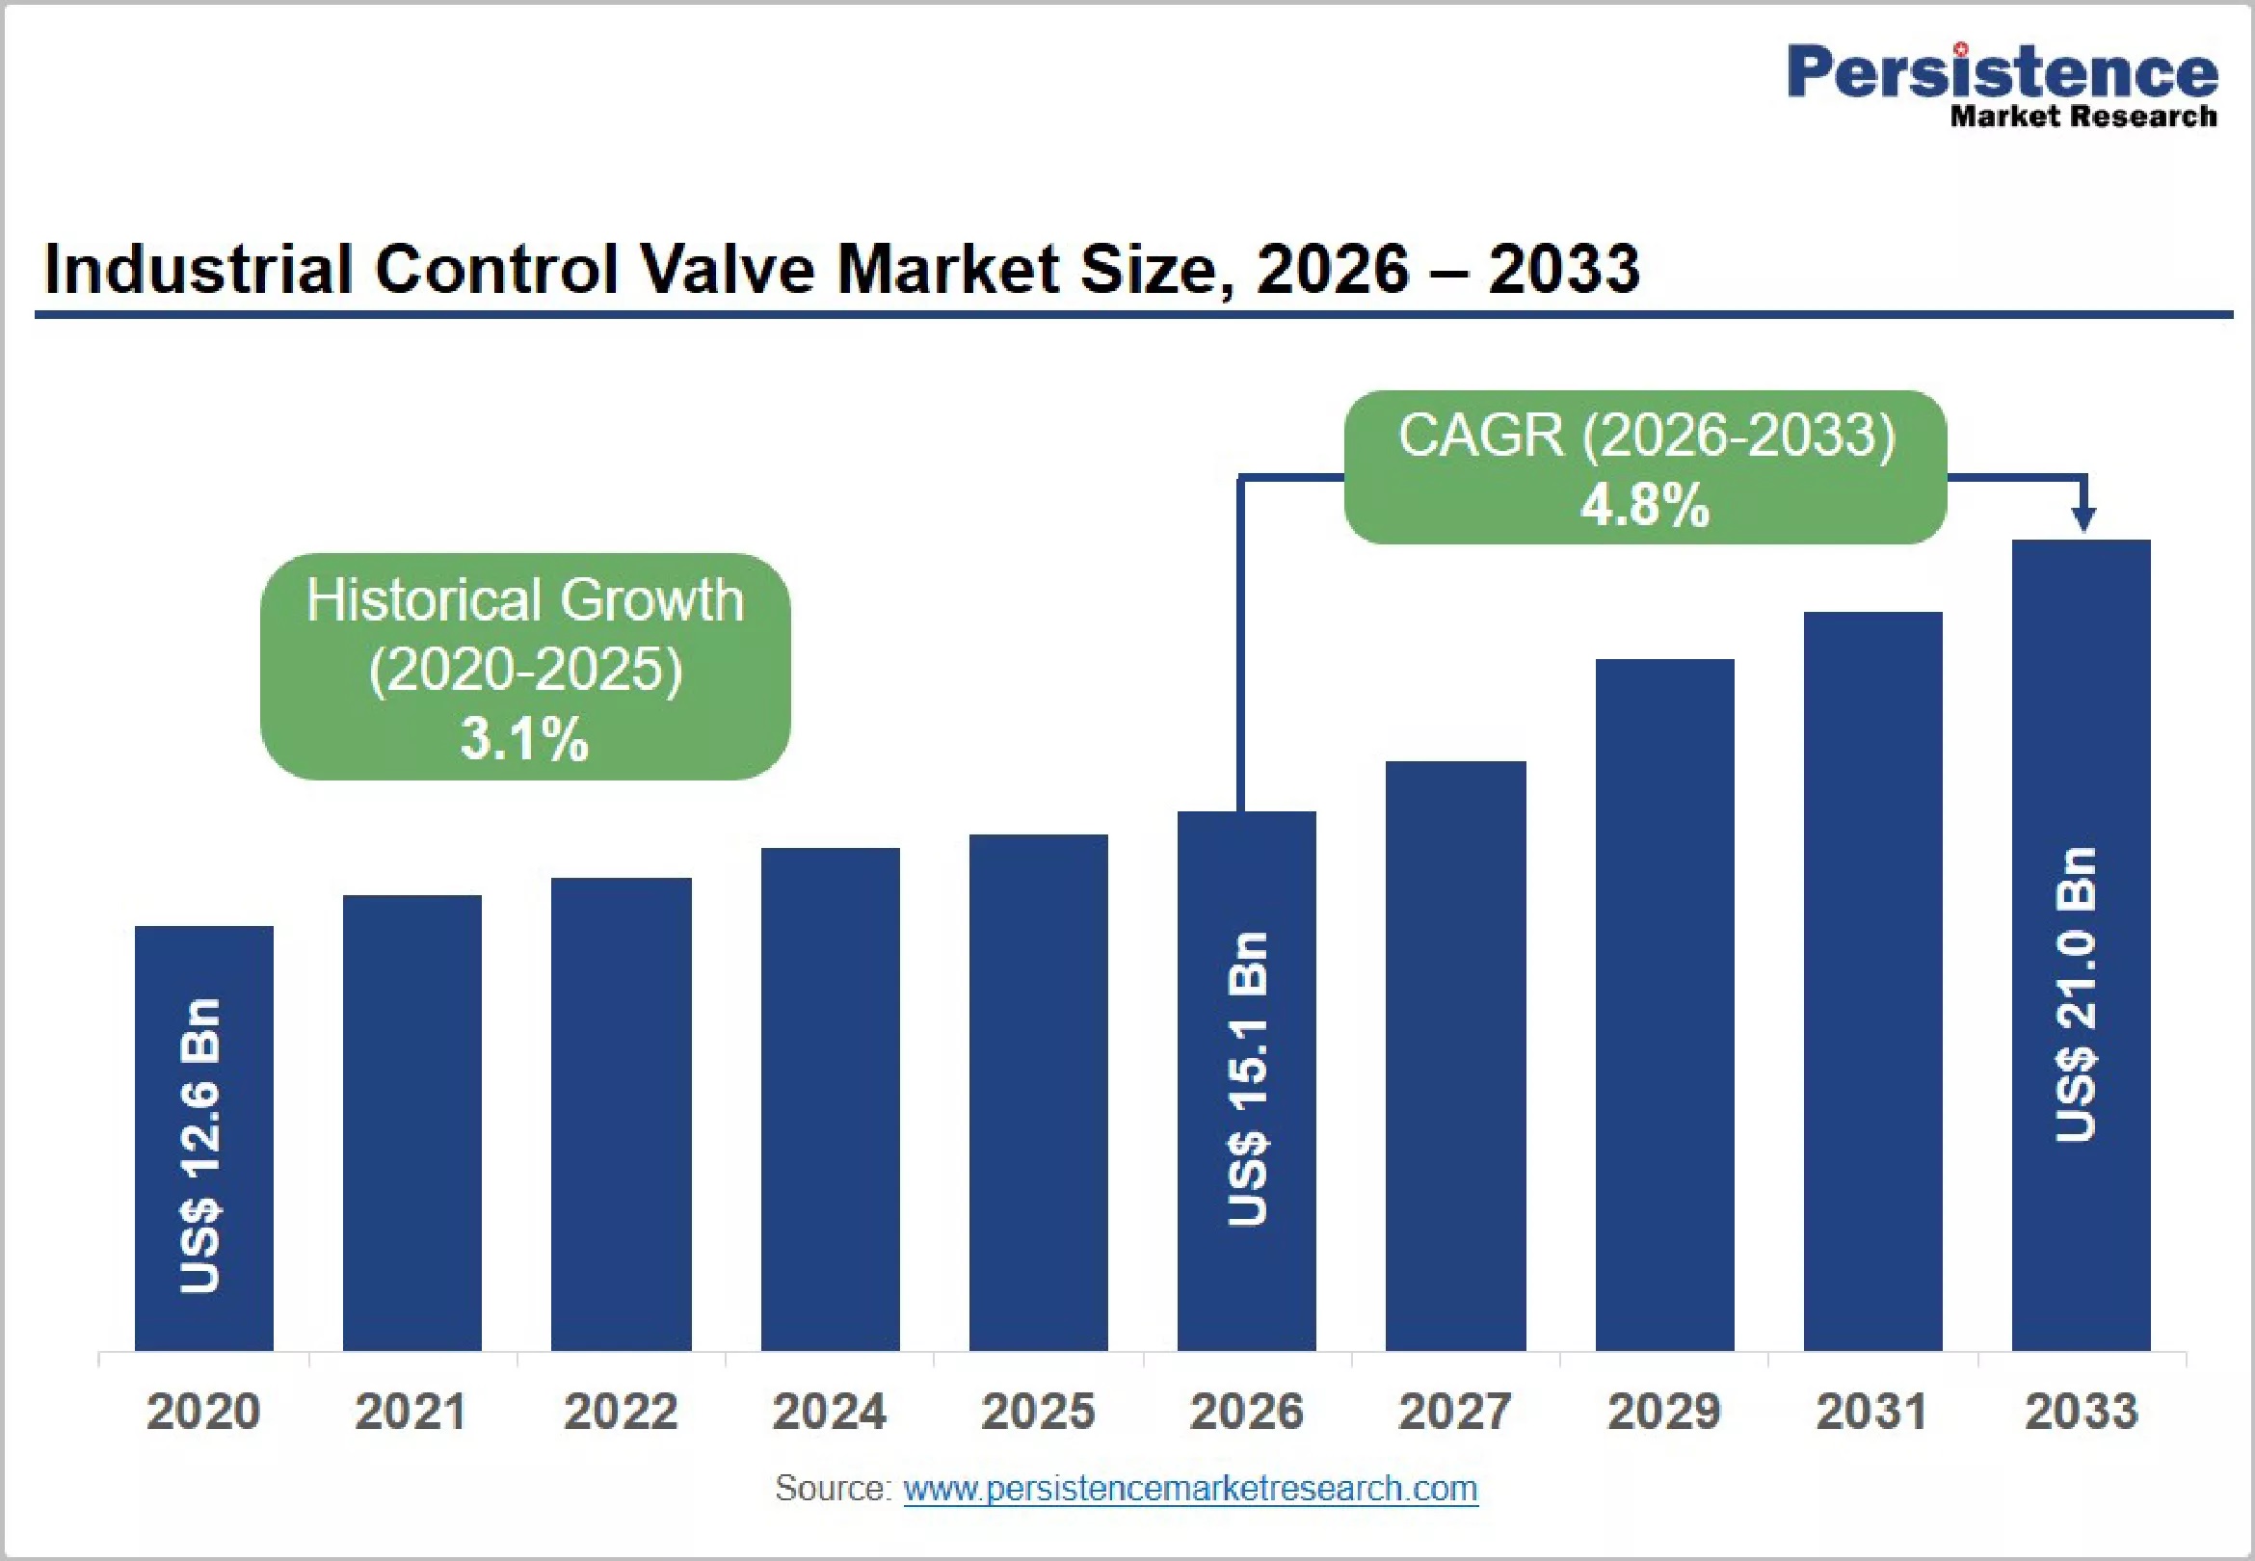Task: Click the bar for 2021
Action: pos(411,1123)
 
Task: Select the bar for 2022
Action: pos(621,1114)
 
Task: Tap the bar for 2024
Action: pos(831,1099)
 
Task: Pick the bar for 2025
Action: pos(1039,1093)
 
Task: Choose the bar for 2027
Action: pos(1455,1056)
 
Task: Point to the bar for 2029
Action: pos(1664,1005)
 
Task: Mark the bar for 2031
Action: pos(1872,981)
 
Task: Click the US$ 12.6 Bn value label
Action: pos(201,1147)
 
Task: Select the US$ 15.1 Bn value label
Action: pos(1248,1079)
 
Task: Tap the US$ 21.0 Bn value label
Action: pos(2076,994)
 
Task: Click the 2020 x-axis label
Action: pos(203,1412)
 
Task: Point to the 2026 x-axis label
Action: pos(1247,1412)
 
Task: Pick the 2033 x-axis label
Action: pos(2082,1412)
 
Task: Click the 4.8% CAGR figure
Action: pos(1645,506)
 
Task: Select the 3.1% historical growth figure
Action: pos(524,738)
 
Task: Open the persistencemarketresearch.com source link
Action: pos(1190,1489)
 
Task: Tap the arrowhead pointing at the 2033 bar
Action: pos(2083,518)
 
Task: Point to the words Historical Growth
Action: pos(525,599)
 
